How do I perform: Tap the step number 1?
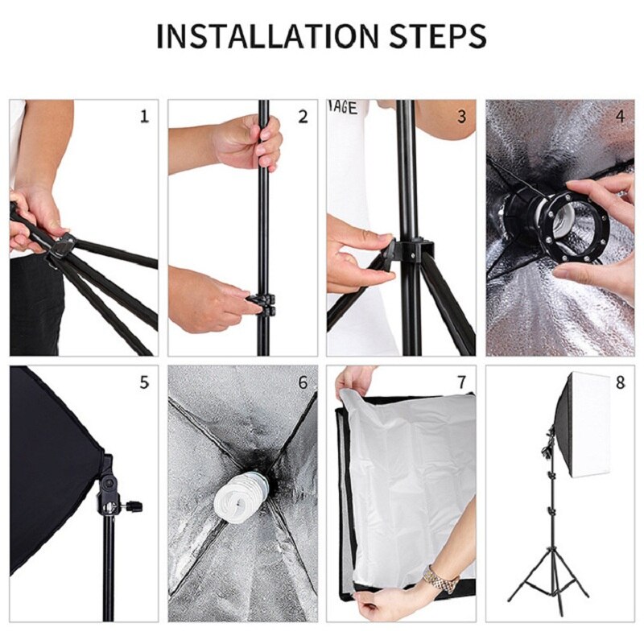point(144,117)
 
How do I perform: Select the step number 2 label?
point(303,117)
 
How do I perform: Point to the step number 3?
point(461,117)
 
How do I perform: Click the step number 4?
point(620,117)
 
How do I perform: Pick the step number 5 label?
point(144,382)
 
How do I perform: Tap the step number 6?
point(303,382)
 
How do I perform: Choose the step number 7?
point(461,382)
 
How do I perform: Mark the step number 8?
point(620,382)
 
